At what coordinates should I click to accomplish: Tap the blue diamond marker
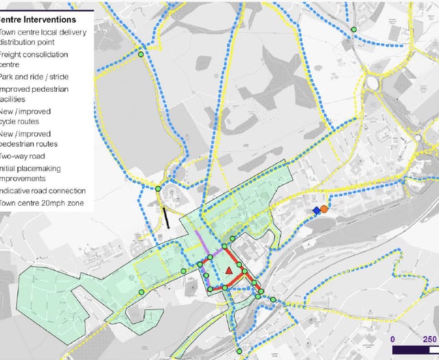point(316,211)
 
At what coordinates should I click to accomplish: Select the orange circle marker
point(324,208)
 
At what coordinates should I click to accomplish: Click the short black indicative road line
point(167,218)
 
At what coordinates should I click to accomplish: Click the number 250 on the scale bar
point(429,339)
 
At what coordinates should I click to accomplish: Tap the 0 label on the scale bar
point(393,339)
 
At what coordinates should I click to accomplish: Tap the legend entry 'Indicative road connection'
point(43,191)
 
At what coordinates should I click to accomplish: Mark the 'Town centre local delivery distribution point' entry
point(40,37)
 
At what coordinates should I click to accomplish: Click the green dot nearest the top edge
point(354,29)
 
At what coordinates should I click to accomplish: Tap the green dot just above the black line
point(158,189)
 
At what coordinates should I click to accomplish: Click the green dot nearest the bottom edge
point(240,352)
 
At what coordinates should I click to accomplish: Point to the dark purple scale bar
point(411,350)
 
